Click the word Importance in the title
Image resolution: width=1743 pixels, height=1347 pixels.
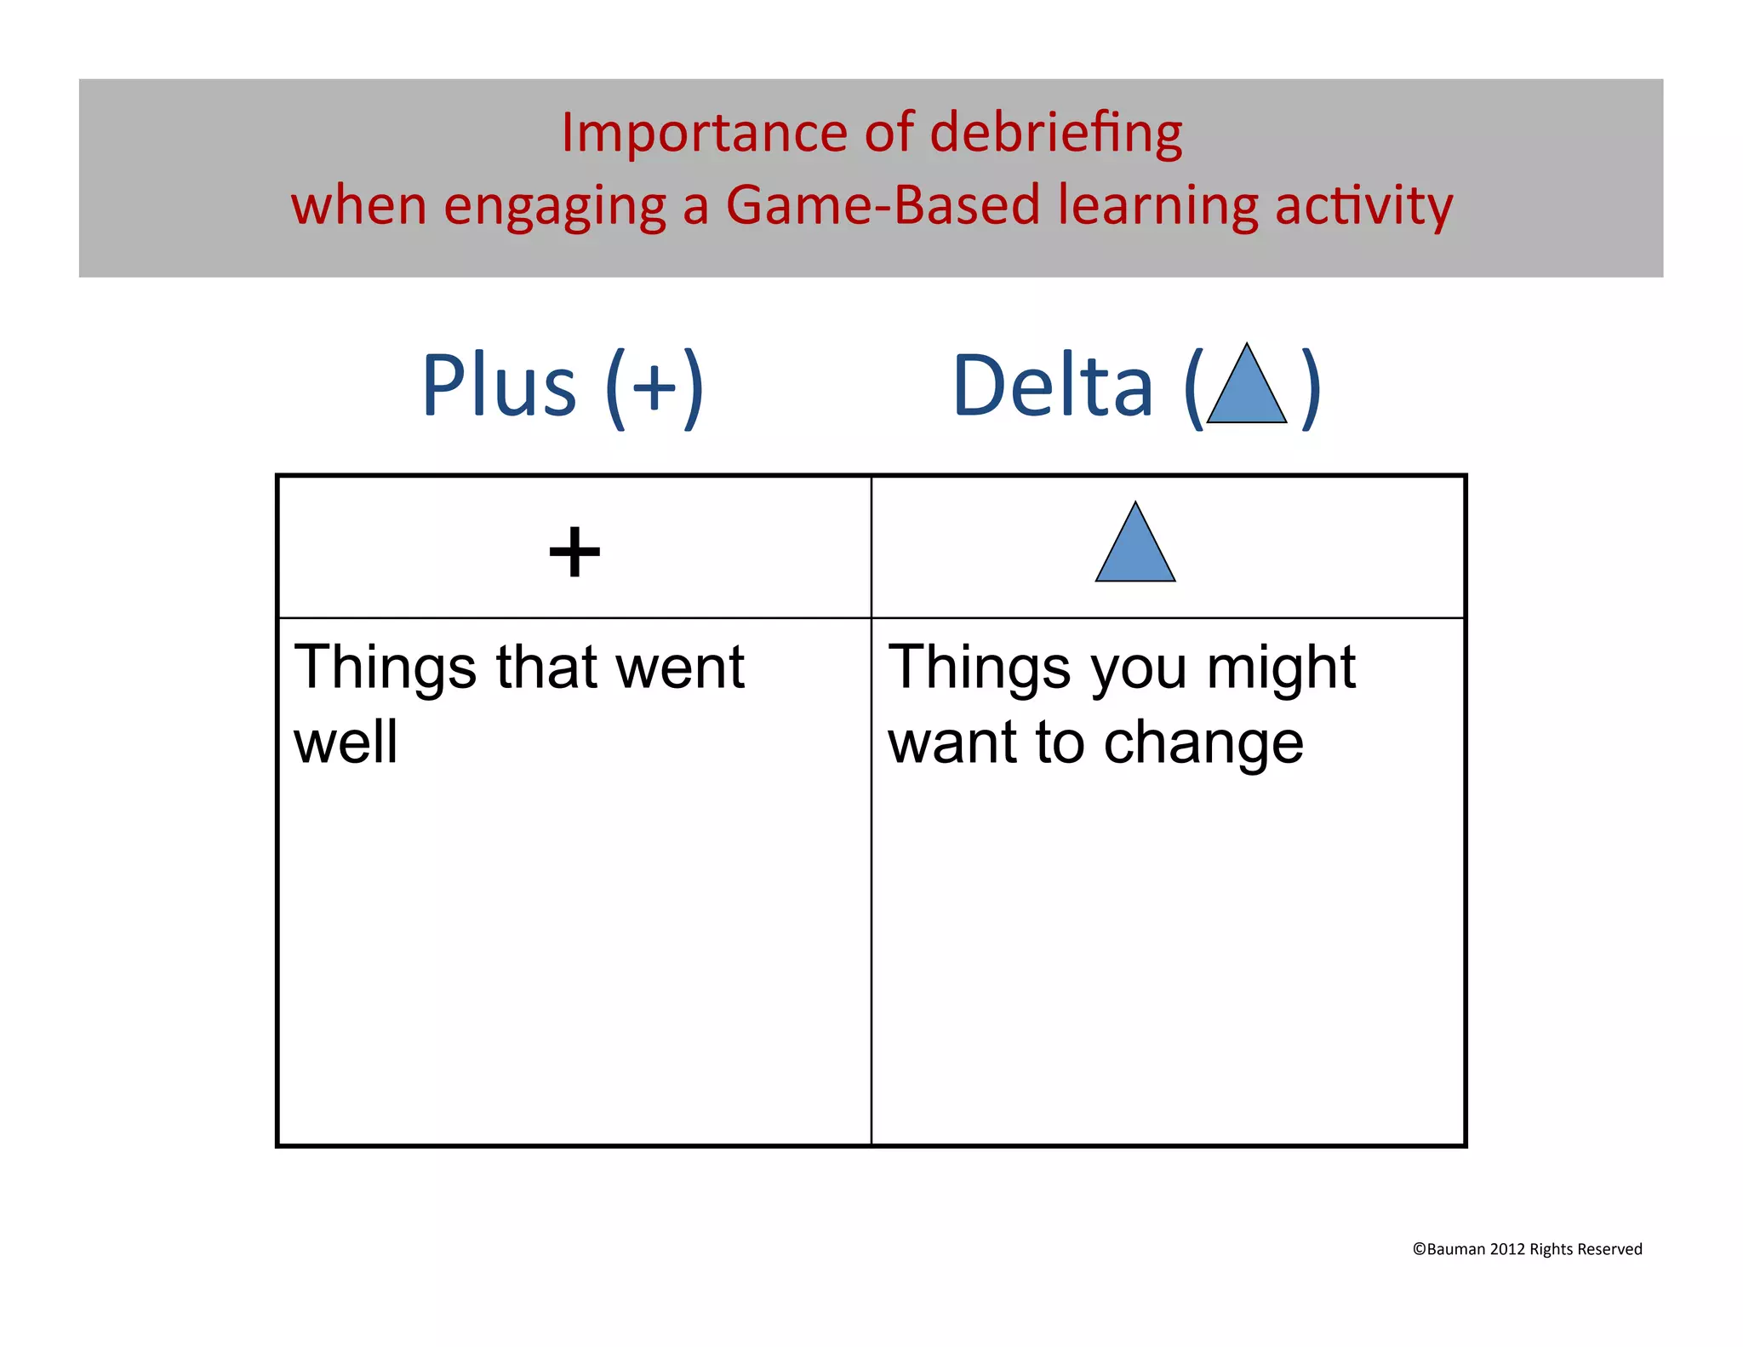(704, 134)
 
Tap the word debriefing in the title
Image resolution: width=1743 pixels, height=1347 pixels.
(1055, 135)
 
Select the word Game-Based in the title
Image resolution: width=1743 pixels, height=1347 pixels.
(883, 206)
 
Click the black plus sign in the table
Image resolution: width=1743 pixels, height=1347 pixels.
(574, 552)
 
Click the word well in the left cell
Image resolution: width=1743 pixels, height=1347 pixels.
(346, 742)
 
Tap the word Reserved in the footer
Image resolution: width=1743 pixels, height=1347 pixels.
(1609, 1249)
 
